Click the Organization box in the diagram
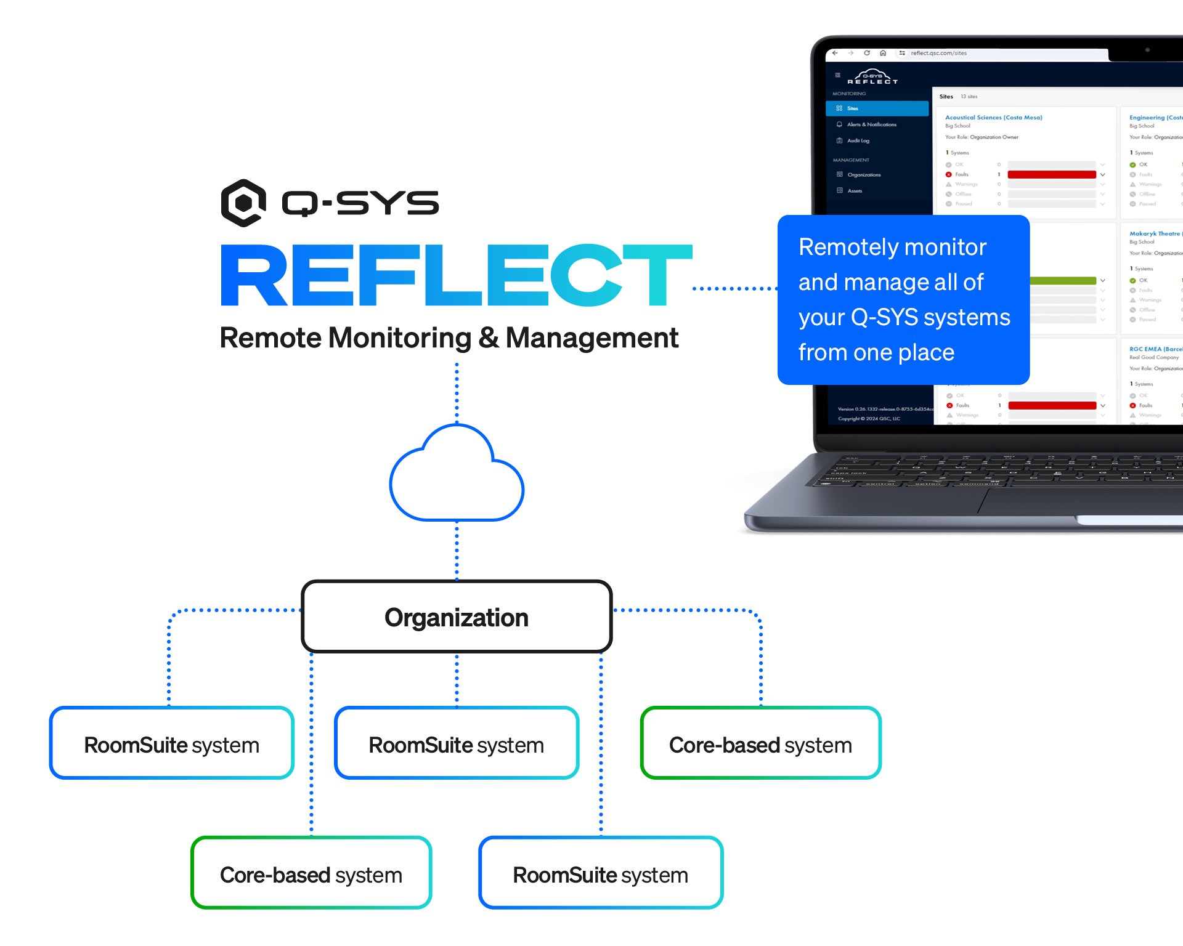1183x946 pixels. pyautogui.click(x=457, y=617)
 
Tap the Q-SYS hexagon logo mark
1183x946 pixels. pyautogui.click(x=243, y=203)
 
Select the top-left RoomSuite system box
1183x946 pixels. pyautogui.click(x=171, y=744)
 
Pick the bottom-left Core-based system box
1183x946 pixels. pyautogui.click(x=311, y=874)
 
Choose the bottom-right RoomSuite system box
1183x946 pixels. pyautogui.click(x=600, y=874)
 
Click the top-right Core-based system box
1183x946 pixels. pyautogui.click(x=760, y=744)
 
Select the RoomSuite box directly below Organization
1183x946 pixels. pyautogui.click(x=456, y=744)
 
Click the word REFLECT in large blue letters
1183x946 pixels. pyautogui.click(x=456, y=275)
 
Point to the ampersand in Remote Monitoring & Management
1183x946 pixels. pyautogui.click(x=489, y=338)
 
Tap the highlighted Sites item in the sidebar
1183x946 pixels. pyautogui.click(x=877, y=108)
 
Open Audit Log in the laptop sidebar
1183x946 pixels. pyautogui.click(x=858, y=141)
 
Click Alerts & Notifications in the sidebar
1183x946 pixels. pyautogui.click(x=871, y=124)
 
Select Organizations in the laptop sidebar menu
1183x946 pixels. pyautogui.click(x=864, y=175)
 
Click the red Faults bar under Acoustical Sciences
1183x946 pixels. pyautogui.click(x=1051, y=175)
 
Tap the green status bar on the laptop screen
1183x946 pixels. pyautogui.click(x=1063, y=281)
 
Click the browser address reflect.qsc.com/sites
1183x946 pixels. pyautogui.click(x=938, y=53)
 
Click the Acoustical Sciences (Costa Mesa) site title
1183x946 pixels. pyautogui.click(x=993, y=118)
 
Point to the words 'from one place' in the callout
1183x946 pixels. pyautogui.click(x=876, y=353)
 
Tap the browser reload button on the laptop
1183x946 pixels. pyautogui.click(x=867, y=53)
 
